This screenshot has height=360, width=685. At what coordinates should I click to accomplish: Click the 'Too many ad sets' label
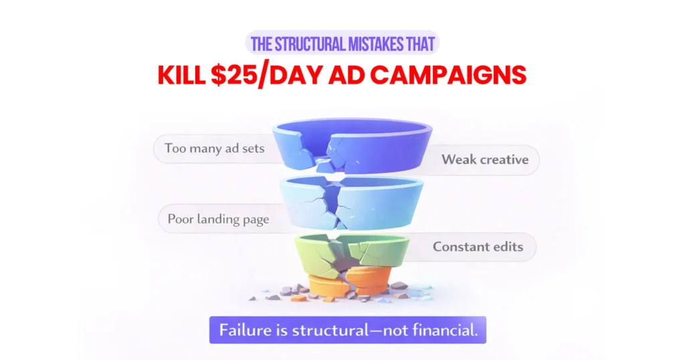215,149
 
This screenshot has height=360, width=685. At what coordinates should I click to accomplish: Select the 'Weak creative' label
485,160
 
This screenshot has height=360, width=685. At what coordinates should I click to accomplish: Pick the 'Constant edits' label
478,247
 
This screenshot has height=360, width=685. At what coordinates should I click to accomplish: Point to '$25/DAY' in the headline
264,75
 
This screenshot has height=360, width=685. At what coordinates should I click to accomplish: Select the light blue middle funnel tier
342,204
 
